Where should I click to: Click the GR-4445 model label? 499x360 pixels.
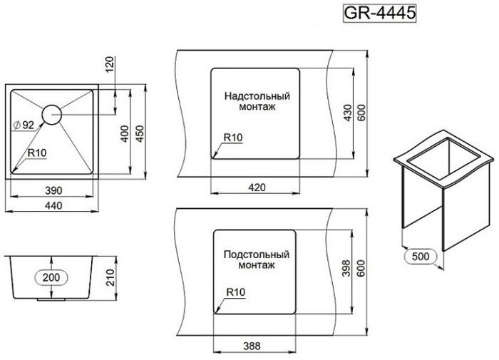coord(380,13)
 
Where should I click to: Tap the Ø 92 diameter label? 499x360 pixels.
coord(24,125)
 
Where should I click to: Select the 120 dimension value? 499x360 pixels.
coord(110,64)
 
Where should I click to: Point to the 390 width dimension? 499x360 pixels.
coord(53,190)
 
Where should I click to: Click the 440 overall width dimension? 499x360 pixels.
coord(53,205)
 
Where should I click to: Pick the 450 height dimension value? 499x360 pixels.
coord(140,134)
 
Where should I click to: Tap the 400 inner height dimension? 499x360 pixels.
coord(125,134)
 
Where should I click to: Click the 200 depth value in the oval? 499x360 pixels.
coord(51,277)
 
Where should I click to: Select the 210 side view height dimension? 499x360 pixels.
coord(110,277)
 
